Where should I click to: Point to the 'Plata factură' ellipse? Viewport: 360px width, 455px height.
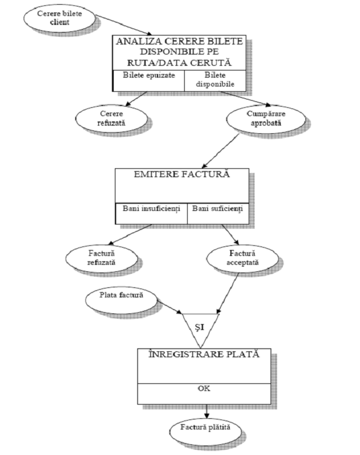[121, 296]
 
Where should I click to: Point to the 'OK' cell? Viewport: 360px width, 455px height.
[204, 390]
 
